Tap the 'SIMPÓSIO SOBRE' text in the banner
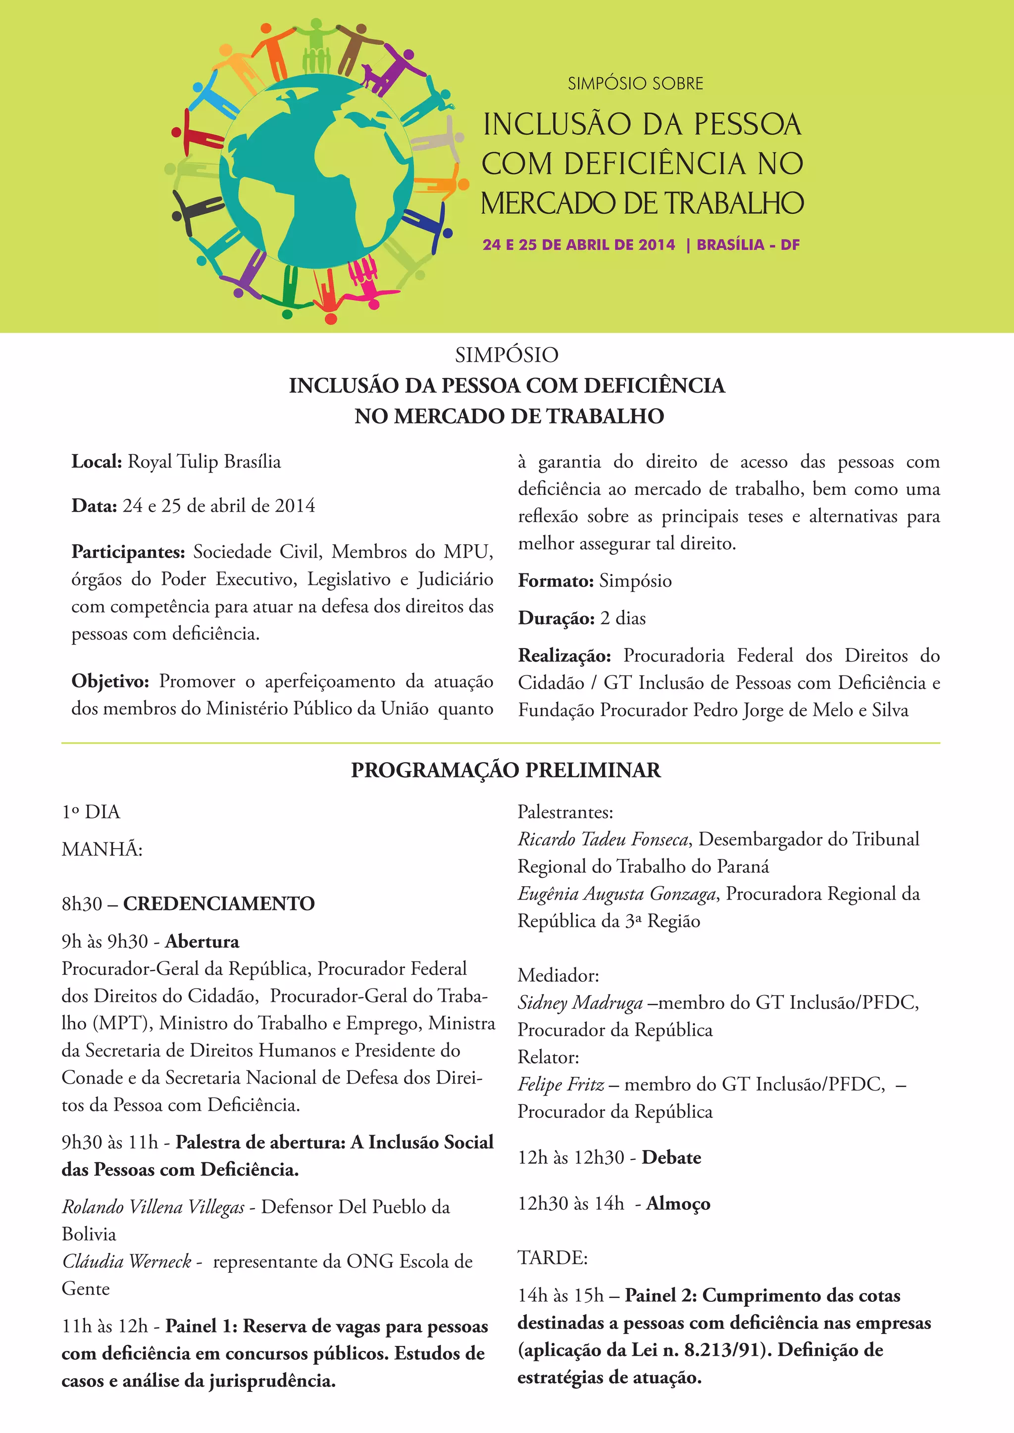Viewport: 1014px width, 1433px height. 635,84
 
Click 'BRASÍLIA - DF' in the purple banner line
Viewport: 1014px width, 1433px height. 748,244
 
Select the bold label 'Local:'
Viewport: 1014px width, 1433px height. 96,462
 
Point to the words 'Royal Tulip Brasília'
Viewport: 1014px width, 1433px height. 204,462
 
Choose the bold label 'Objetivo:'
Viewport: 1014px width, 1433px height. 110,681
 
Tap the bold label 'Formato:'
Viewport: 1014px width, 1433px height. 555,581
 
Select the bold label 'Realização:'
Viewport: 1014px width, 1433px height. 564,656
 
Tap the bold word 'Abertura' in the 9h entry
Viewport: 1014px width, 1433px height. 202,941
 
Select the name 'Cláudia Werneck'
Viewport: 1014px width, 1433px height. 126,1261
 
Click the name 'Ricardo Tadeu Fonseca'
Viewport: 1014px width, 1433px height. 603,839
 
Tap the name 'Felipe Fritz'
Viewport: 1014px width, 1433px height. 560,1085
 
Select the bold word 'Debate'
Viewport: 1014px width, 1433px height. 671,1158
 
